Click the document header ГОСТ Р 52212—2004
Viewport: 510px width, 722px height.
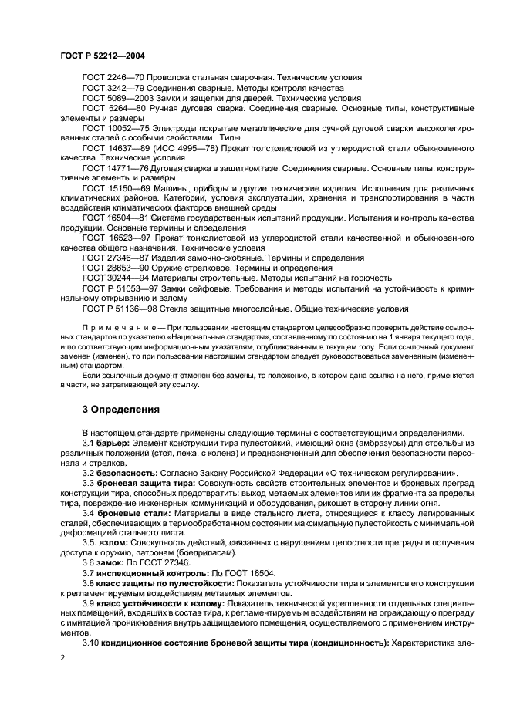pos(102,56)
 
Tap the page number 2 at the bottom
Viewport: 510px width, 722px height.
pos(61,657)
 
